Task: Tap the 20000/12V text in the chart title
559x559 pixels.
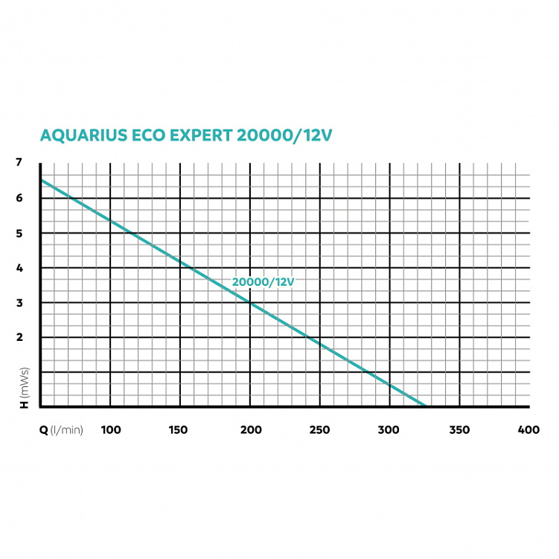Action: [284, 136]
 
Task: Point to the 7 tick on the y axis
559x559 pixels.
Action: [20, 163]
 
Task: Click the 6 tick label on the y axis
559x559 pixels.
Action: [20, 198]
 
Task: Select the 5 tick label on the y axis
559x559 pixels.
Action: [20, 233]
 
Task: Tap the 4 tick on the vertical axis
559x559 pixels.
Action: [20, 268]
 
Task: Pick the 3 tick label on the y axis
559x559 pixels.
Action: [20, 303]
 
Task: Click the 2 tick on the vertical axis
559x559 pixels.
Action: [20, 337]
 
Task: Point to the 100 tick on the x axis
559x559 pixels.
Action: [110, 430]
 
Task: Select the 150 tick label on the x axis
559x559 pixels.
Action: [179, 430]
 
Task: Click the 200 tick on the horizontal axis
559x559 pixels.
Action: [250, 430]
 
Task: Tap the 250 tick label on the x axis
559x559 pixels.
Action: [319, 430]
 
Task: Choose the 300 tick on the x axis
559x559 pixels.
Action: [389, 430]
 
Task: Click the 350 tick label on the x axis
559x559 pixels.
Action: [459, 430]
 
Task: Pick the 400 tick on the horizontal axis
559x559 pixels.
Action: [528, 430]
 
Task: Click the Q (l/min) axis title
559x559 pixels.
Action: [62, 430]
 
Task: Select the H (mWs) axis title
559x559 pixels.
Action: [24, 386]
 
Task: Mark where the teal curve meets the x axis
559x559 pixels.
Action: [424, 406]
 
